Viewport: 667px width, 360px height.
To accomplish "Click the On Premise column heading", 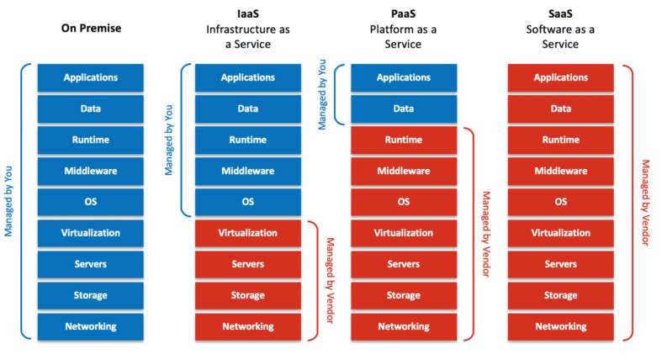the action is coord(91,28).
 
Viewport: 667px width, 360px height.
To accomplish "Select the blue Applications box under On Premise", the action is coord(91,78).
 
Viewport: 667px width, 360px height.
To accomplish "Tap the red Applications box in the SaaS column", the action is coord(561,78).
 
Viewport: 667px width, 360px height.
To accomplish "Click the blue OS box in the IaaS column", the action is coord(248,202).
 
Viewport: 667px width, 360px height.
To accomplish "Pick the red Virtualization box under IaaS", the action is coord(248,233).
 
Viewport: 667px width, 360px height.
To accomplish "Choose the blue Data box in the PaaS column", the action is coord(404,109).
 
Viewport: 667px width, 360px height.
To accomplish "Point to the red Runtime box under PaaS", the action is coord(404,140).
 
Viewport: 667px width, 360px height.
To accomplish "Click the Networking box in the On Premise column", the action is coord(91,327).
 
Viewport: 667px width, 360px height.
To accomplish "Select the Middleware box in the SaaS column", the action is coord(561,171).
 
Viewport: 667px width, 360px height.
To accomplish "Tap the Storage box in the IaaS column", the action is coord(248,296).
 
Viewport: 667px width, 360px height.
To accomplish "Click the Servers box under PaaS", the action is coord(404,264).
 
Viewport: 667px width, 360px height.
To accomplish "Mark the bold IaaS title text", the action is coord(248,14).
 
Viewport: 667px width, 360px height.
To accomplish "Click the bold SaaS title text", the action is coord(560,14).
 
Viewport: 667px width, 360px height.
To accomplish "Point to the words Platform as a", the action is coord(403,29).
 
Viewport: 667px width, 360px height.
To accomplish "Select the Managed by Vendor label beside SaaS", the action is coord(646,203).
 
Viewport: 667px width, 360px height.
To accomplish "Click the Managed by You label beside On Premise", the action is coord(8,201).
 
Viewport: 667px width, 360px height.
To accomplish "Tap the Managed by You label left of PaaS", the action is coord(322,94).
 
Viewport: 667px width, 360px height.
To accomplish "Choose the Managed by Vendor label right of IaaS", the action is coord(330,280).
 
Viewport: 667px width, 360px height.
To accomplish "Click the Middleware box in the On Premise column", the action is coord(91,171).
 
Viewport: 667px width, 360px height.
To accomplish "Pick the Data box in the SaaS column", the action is coord(561,109).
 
